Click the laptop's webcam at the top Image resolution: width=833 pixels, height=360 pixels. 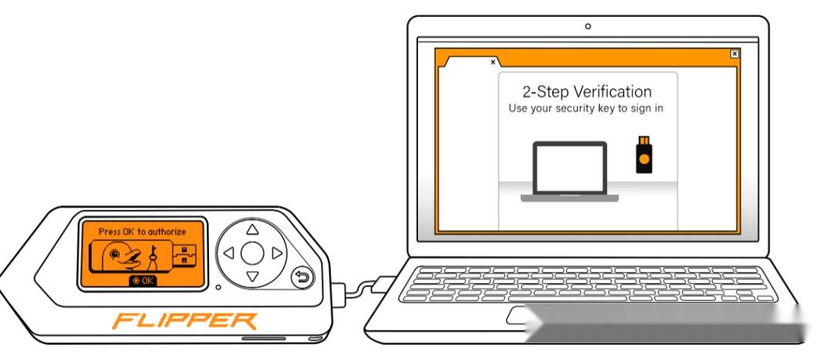coord(588,26)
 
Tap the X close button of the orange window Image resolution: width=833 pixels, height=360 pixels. coord(734,54)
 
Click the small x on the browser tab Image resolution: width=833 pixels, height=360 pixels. coord(493,62)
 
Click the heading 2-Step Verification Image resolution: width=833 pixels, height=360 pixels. coord(587,91)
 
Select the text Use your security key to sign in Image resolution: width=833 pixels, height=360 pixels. coord(586,109)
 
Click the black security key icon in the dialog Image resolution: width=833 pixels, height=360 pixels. coord(643,154)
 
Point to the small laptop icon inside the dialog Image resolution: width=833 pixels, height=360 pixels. coord(569,171)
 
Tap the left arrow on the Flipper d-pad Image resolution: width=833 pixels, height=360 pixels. coord(229,254)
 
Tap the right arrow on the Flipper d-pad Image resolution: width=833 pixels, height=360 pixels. coord(276,254)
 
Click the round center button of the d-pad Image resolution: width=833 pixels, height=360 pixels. coord(252,254)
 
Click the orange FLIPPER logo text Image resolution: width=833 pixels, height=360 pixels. coord(185,321)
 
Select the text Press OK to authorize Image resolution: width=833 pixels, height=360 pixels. coord(143,231)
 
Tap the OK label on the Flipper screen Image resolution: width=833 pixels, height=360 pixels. coord(143,281)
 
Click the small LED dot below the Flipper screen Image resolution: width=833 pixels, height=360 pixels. coord(218,288)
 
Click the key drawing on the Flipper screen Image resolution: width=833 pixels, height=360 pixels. coord(153,258)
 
